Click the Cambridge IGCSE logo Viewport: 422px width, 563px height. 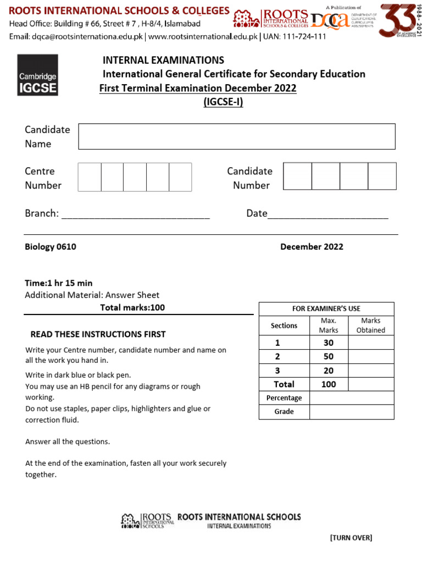coord(37,75)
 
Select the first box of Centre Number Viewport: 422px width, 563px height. coord(90,177)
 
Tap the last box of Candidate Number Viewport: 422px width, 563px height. coord(382,176)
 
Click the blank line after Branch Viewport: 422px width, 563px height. coord(135,214)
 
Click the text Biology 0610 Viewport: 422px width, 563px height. coord(51,247)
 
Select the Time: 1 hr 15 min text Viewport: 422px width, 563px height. coord(59,283)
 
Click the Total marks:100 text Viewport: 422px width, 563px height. coord(132,307)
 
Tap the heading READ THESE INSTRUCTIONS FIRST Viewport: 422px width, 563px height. coord(98,334)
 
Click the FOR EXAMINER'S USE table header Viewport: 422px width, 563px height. coord(326,309)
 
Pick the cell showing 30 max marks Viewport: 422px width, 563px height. coord(329,343)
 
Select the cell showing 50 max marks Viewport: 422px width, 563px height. coord(329,356)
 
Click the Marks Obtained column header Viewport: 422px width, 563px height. coord(371,325)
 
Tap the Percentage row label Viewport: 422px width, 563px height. coord(284,398)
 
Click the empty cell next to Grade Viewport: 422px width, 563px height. coord(352,412)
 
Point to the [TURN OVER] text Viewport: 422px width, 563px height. coord(351,538)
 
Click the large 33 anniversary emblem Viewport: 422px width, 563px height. coord(399,20)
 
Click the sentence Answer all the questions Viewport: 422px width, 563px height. coord(68,441)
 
